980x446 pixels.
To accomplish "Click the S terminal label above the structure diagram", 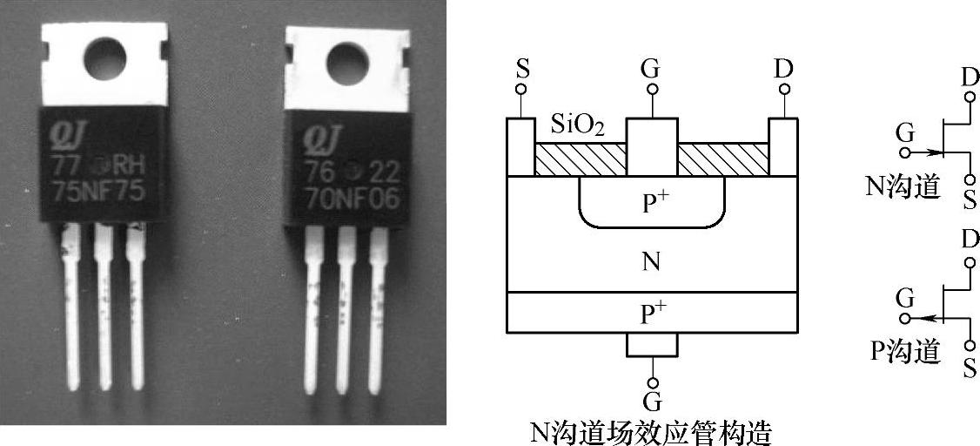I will coord(521,68).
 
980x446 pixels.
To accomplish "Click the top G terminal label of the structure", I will coord(651,68).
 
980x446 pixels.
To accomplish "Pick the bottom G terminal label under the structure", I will coord(651,402).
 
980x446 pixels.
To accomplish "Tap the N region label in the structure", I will coord(651,261).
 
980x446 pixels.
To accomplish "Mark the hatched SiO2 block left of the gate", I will coord(580,159).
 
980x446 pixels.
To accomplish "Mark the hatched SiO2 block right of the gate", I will coord(722,159).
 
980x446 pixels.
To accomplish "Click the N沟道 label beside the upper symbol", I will coord(903,186).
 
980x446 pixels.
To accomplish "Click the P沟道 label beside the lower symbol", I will coord(903,351).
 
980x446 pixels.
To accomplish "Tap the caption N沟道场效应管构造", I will coord(651,431).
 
